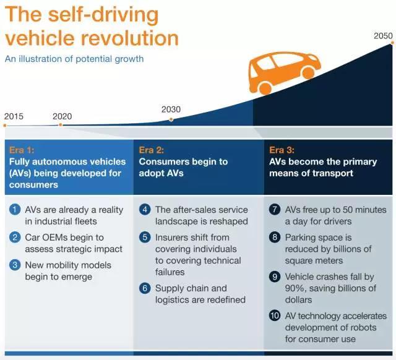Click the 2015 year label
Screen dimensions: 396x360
tap(14, 116)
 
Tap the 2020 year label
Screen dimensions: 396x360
tap(62, 116)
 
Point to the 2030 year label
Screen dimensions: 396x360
tap(171, 109)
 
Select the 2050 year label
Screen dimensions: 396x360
tap(383, 36)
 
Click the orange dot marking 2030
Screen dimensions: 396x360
tap(171, 119)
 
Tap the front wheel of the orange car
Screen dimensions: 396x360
tap(308, 72)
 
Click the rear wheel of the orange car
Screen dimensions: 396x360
tap(265, 88)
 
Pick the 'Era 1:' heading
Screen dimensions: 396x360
tap(22, 150)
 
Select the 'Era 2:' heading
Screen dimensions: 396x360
tap(151, 150)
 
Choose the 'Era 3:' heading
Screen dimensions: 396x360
tap(282, 150)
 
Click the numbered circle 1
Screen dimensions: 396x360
tap(15, 210)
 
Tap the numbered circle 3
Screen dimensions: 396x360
tap(15, 265)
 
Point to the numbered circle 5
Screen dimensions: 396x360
tap(145, 238)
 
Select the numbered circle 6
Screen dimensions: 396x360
tap(145, 288)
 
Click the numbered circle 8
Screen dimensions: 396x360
tap(275, 238)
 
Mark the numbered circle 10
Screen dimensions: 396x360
tap(275, 316)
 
